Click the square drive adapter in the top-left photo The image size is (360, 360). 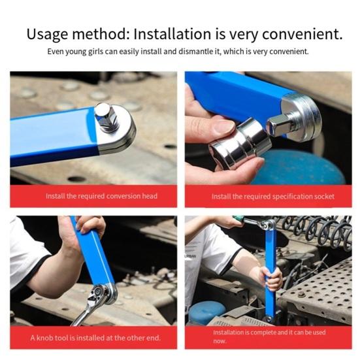point(106,118)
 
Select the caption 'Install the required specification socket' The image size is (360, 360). point(273,196)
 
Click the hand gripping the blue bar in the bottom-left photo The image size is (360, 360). point(81,229)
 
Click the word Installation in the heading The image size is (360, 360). point(190,33)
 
